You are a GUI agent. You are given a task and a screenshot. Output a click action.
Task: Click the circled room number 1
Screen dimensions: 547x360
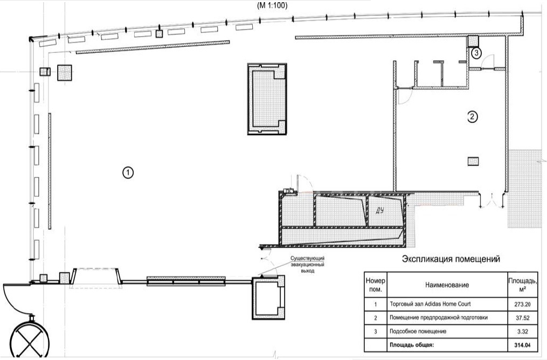128,172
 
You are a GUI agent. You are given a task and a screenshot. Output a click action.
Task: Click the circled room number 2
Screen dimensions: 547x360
472,117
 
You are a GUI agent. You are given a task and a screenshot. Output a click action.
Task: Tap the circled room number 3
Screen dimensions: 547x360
476,53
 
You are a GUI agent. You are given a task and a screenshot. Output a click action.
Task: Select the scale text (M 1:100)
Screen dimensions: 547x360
272,5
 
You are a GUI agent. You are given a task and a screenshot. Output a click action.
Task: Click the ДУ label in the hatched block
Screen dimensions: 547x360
380,210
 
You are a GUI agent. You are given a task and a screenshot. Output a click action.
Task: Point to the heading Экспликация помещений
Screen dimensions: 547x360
451,259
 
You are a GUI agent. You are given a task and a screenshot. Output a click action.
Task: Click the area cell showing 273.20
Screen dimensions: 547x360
522,304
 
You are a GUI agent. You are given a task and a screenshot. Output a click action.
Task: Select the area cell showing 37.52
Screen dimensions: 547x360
522,318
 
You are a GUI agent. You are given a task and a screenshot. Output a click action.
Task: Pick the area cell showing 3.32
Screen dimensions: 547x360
522,331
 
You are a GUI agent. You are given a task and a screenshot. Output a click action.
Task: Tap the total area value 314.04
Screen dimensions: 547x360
522,345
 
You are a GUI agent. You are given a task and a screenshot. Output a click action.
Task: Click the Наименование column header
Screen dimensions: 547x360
447,285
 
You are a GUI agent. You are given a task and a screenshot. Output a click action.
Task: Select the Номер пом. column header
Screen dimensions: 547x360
376,285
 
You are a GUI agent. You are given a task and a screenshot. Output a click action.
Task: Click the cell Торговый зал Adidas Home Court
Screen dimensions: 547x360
430,304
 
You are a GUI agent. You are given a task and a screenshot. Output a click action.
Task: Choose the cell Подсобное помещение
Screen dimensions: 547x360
418,331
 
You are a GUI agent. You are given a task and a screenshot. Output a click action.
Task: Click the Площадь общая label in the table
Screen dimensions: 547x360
412,345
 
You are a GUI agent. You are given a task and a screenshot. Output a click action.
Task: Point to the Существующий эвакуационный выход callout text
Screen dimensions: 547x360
308,265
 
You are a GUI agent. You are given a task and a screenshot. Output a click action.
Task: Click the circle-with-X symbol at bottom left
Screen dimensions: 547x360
30,337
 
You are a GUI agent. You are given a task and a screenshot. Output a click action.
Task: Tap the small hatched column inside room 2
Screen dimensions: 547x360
473,161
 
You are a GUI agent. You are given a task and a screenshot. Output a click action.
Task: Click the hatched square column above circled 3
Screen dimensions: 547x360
473,41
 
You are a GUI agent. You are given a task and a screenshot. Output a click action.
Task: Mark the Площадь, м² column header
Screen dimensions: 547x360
522,285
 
